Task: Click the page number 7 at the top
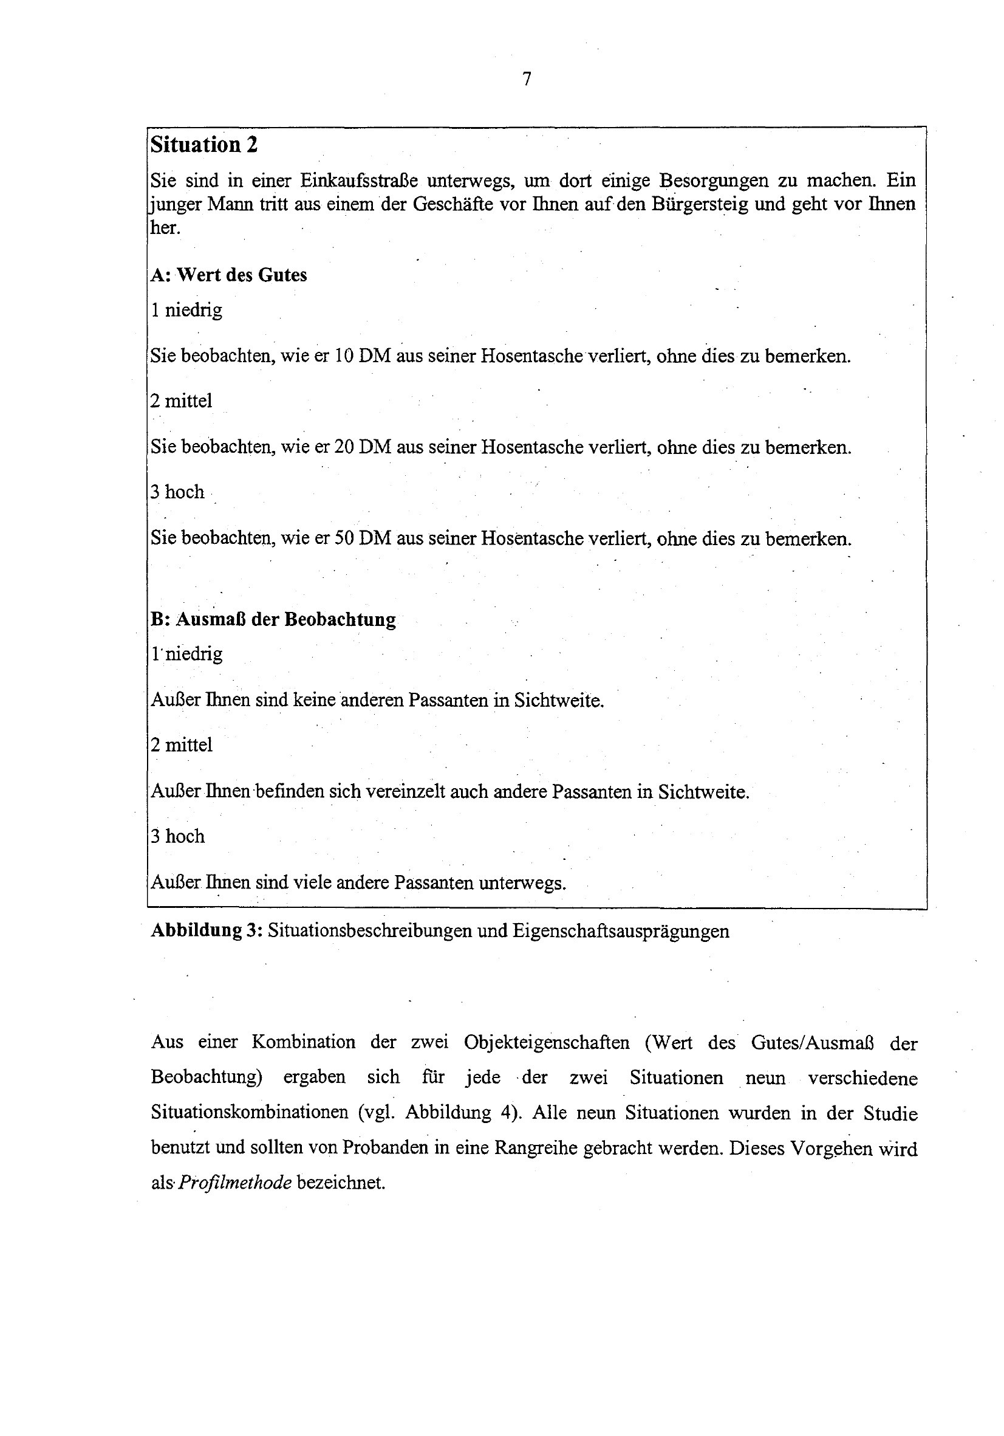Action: tap(527, 80)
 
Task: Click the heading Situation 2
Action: tap(204, 145)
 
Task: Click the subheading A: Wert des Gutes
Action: tap(229, 275)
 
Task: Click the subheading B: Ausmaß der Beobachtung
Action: tap(273, 619)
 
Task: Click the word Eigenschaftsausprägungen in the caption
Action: tap(621, 931)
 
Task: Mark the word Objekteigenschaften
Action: tap(547, 1043)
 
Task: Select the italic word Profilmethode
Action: tap(236, 1181)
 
